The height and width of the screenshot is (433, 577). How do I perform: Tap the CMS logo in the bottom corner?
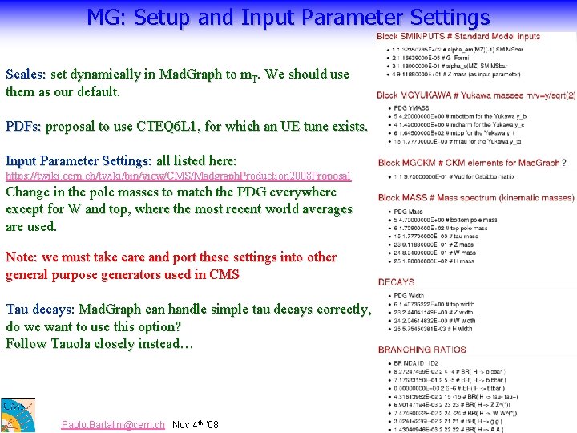click(x=17, y=415)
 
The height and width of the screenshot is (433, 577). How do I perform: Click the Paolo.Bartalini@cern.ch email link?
click(x=113, y=424)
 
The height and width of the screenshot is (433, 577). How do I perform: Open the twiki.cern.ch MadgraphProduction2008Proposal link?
click(x=178, y=176)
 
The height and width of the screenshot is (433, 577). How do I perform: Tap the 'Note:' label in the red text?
click(x=22, y=257)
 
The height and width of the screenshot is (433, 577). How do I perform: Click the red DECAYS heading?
click(x=396, y=282)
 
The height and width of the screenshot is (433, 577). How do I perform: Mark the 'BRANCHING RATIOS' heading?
click(x=422, y=350)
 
